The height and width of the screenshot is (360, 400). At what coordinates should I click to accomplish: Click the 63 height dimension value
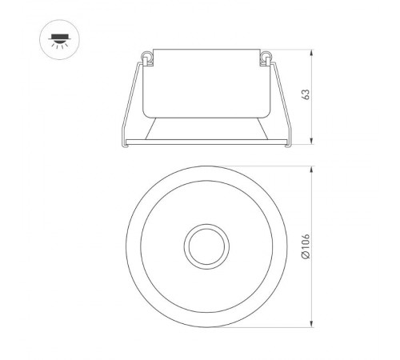306,94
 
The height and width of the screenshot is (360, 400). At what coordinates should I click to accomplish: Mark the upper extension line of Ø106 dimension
264,167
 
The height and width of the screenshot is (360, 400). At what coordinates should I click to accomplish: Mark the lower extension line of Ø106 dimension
264,327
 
